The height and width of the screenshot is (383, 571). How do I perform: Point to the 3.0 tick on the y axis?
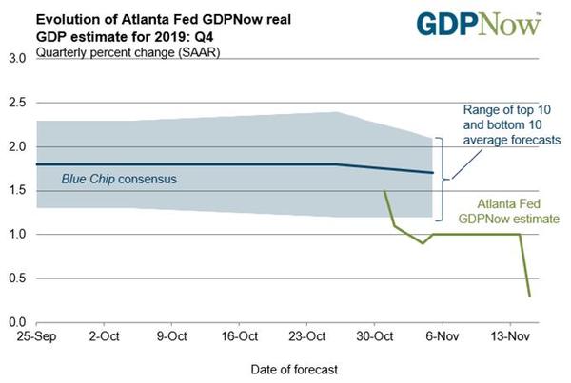click(16, 59)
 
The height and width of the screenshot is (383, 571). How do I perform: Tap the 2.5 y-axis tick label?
click(16, 103)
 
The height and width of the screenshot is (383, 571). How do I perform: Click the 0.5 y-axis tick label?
click(16, 278)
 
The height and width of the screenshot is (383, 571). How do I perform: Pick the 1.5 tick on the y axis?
click(16, 191)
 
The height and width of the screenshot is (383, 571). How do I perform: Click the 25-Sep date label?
click(35, 335)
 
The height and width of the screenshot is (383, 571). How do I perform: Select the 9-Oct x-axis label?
click(172, 335)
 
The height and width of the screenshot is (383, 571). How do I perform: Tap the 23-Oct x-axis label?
click(306, 335)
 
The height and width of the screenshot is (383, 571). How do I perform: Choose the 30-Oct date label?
click(374, 335)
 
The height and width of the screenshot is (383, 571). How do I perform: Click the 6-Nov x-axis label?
click(443, 335)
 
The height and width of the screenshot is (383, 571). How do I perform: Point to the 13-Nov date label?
click(508, 335)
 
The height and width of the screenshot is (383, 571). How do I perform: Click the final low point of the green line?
click(529, 296)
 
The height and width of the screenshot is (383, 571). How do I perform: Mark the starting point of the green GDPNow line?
click(384, 190)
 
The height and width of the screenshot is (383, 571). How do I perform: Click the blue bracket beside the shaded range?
click(440, 177)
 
